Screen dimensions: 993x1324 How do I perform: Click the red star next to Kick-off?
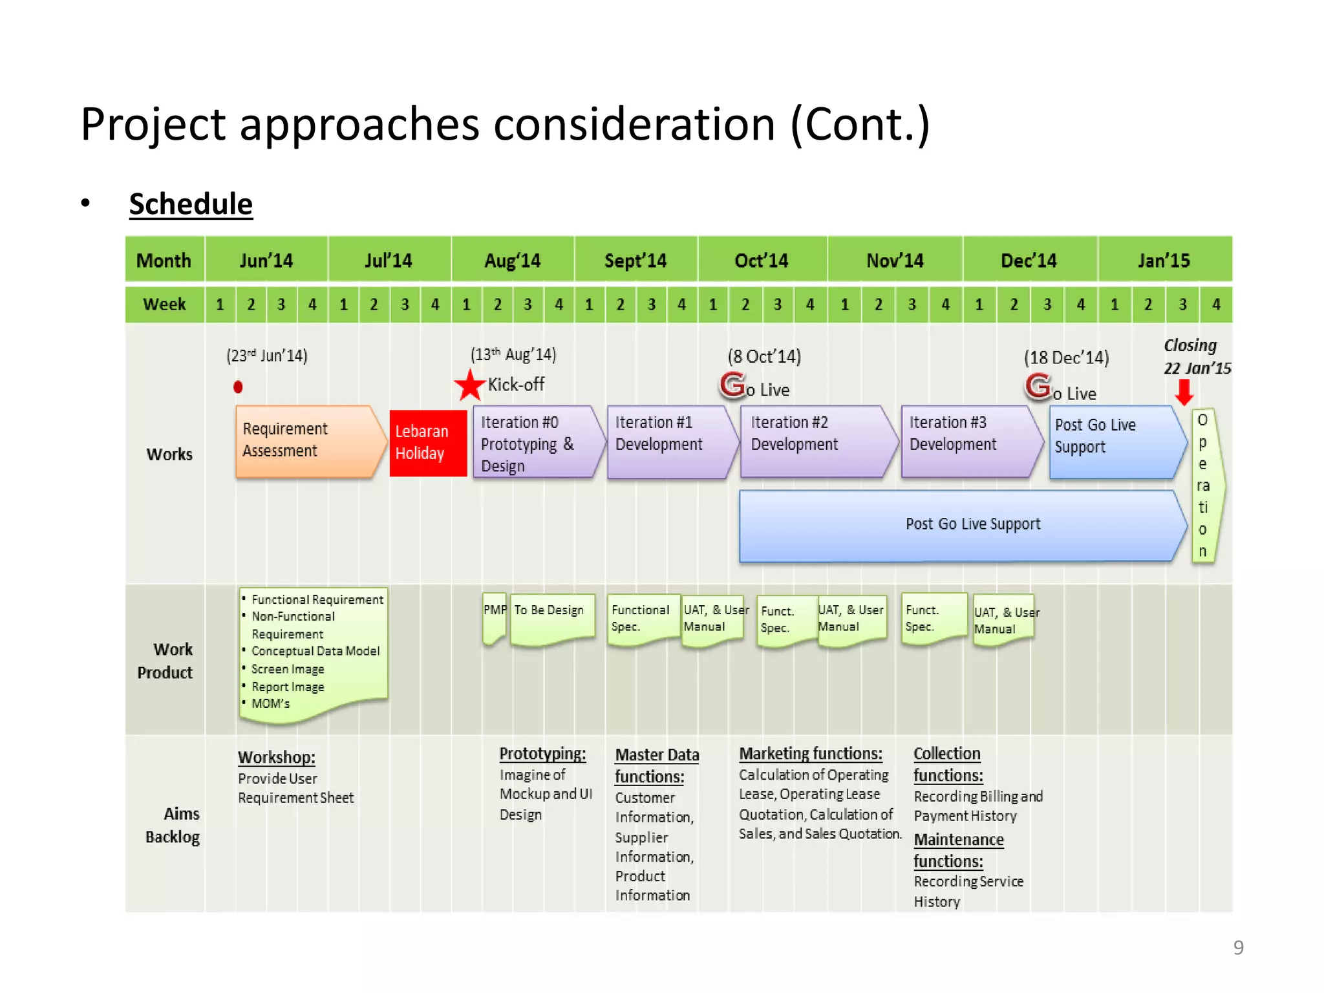(469, 386)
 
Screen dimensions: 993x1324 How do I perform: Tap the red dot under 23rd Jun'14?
(238, 387)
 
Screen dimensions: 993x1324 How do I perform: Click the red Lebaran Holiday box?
(427, 443)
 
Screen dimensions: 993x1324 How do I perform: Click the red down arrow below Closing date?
(1184, 392)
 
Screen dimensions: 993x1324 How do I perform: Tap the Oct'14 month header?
(762, 260)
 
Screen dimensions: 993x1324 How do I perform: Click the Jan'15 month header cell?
(1164, 260)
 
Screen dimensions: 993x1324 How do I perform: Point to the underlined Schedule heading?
(191, 204)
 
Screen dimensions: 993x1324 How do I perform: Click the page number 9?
(1238, 947)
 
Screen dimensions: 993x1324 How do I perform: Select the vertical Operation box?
(1204, 486)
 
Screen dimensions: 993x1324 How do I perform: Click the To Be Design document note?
(551, 617)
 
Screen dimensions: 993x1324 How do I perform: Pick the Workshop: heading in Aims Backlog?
(277, 757)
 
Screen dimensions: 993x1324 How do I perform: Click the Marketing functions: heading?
(811, 754)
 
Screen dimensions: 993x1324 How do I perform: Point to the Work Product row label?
(165, 661)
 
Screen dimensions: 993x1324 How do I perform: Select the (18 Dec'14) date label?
(1066, 358)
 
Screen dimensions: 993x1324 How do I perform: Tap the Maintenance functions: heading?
(958, 850)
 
